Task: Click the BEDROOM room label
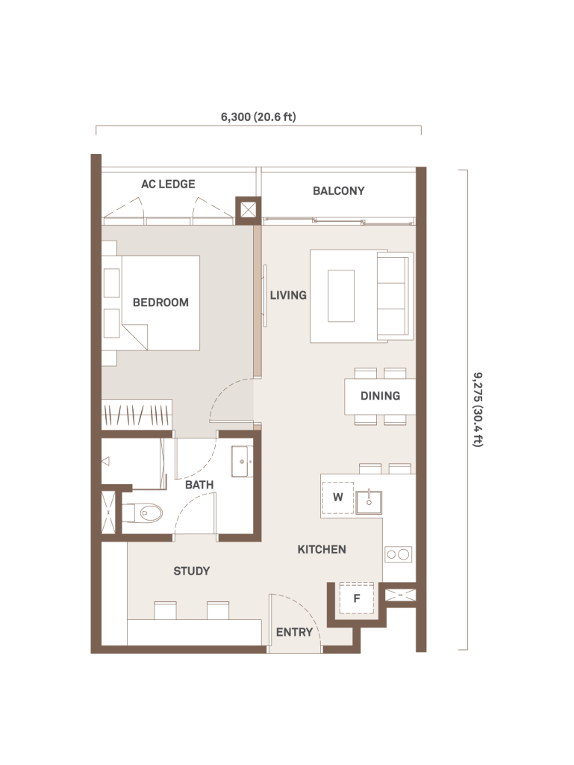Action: (160, 303)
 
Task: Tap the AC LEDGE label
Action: (168, 184)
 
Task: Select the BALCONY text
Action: (339, 191)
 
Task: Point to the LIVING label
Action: (288, 295)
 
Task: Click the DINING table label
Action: (380, 396)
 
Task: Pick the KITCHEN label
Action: (322, 549)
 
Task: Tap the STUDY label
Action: (192, 571)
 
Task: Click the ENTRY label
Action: (294, 632)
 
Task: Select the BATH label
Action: (199, 485)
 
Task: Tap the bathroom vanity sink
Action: (242, 461)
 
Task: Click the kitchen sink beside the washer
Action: (369, 502)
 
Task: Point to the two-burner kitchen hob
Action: (398, 555)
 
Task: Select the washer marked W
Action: (337, 498)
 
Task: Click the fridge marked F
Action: (357, 598)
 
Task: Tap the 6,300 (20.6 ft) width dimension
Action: (258, 117)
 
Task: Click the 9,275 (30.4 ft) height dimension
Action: (478, 410)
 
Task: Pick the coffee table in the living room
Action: (341, 296)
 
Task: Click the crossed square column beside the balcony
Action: (248, 210)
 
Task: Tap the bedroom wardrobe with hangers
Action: (137, 415)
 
